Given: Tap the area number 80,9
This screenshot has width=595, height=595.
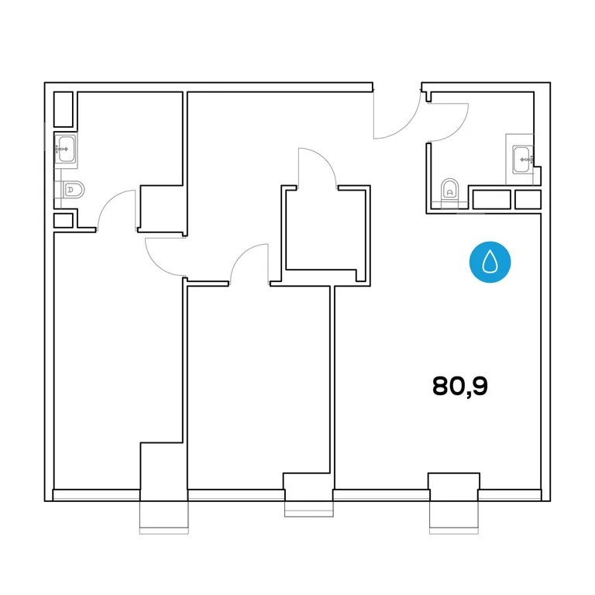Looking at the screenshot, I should [459, 386].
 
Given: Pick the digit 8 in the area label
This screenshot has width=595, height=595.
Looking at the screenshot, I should [442, 386].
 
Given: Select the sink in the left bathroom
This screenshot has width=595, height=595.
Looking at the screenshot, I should [65, 147].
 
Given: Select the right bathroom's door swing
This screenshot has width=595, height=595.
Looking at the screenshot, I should [448, 119].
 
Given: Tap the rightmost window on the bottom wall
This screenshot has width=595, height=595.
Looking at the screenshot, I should [454, 513].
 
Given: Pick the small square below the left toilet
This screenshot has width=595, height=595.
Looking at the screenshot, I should [63, 220].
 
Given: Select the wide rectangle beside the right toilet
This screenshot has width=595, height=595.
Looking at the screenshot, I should [491, 200].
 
